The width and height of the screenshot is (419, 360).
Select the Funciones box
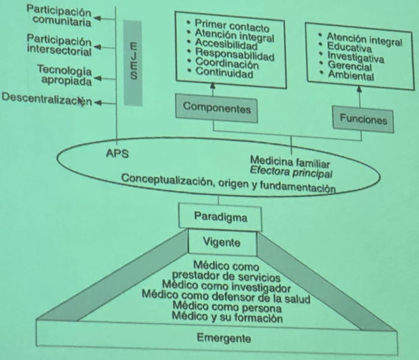click(x=363, y=119)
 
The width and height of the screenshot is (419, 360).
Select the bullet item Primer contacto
click(x=233, y=27)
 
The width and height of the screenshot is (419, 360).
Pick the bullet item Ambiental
click(x=351, y=77)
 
